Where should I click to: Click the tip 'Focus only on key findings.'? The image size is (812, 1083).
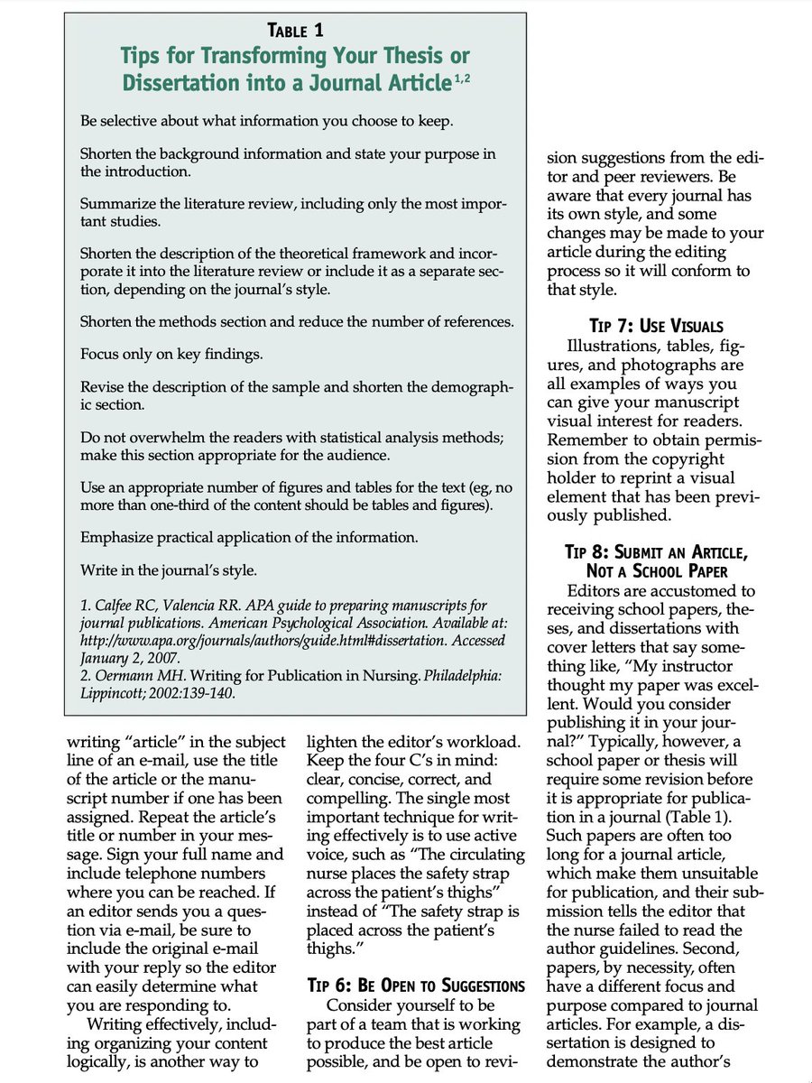171,354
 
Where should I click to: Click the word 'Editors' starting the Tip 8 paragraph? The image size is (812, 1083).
596,591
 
